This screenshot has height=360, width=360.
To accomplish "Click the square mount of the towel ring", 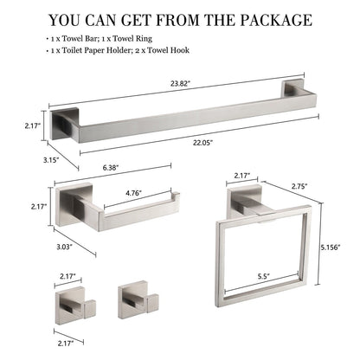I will coord(241,203).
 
